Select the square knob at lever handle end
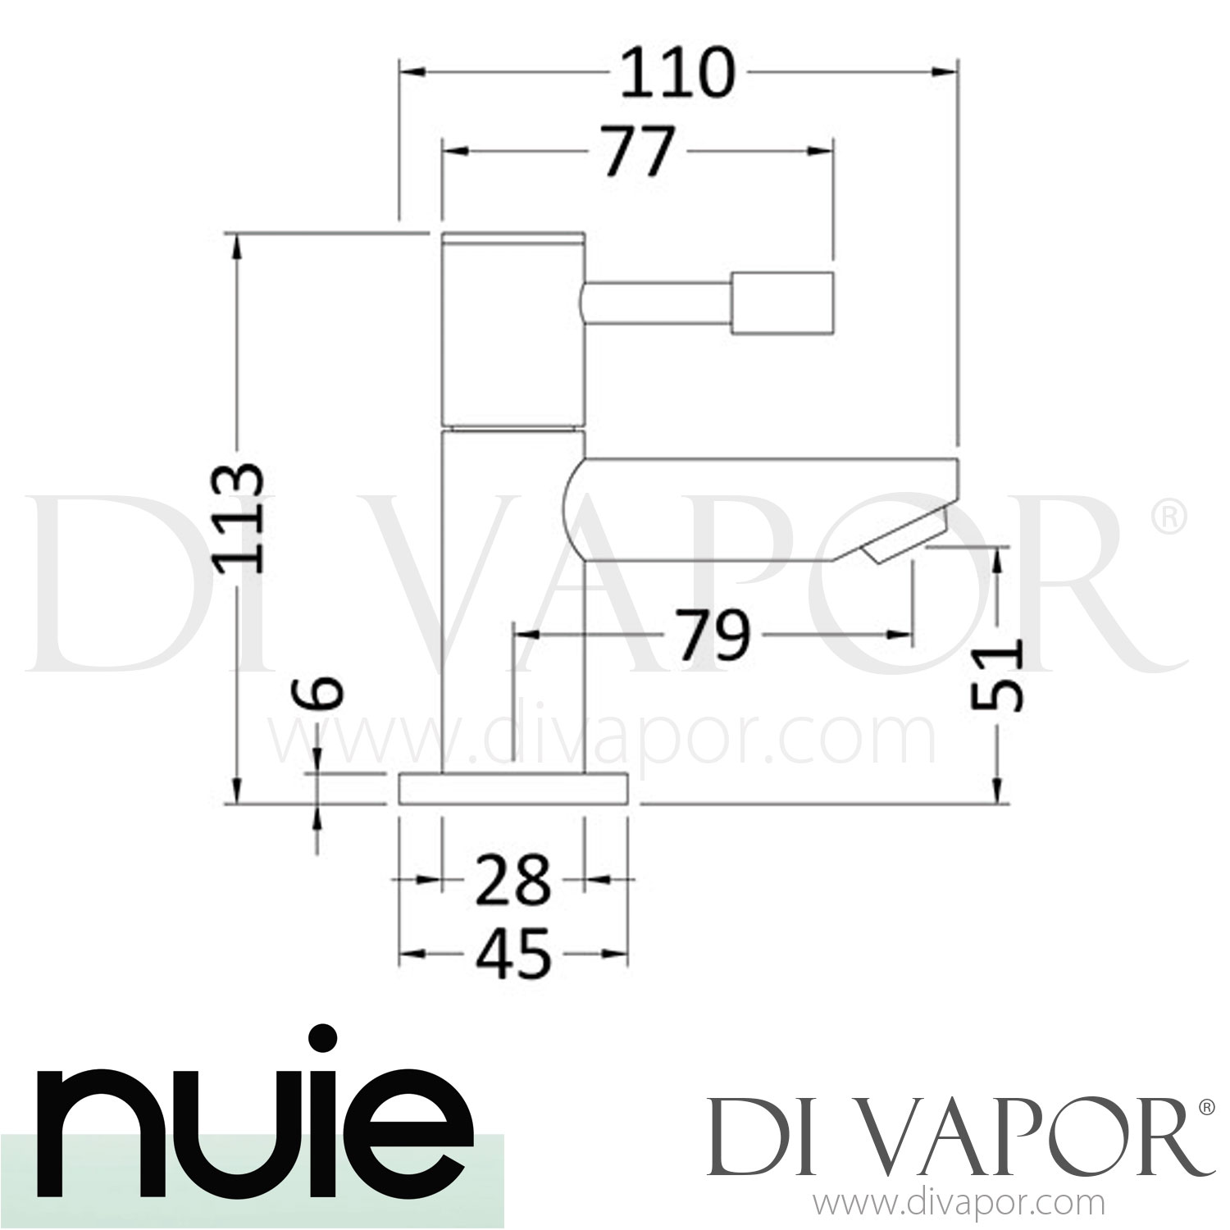782,301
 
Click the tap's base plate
514,788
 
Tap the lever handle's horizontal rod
656,301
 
